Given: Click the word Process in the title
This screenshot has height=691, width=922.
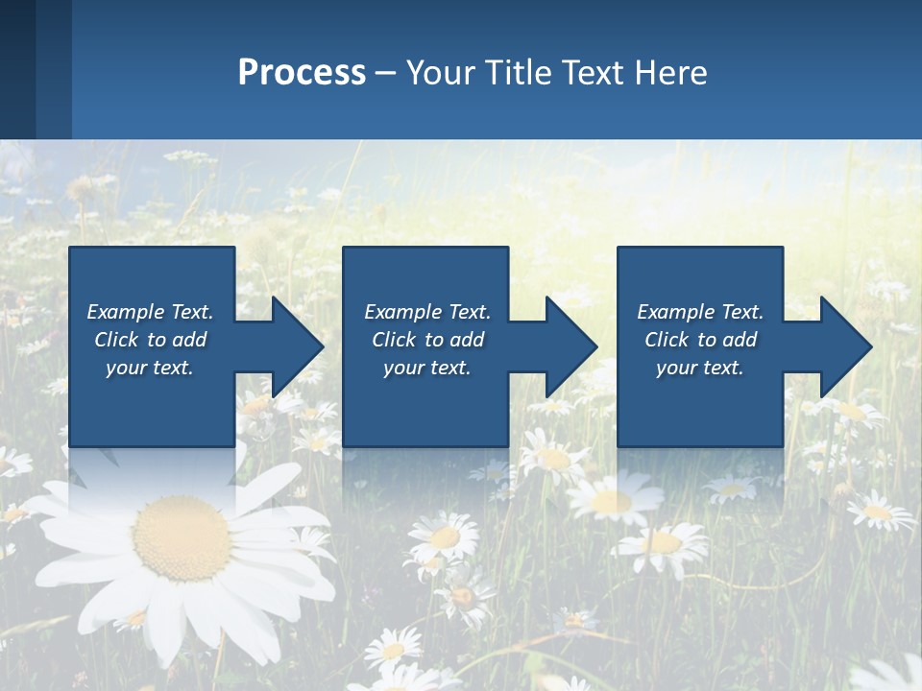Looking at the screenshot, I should tap(302, 73).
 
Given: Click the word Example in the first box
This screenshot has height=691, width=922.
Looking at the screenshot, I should tap(126, 312).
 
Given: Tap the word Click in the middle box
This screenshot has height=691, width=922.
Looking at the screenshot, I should tap(393, 340).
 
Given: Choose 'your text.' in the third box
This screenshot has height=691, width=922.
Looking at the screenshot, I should tap(699, 368).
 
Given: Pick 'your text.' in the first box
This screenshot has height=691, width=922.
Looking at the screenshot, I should tap(150, 368).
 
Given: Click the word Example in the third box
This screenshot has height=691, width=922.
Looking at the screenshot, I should tap(676, 312).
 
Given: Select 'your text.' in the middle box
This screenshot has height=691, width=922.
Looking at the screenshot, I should tap(426, 368).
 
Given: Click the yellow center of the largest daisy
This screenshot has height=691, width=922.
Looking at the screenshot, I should tap(182, 537).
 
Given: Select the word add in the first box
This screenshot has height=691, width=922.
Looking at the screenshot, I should tap(189, 340).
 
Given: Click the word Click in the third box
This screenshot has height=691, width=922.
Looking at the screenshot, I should tap(666, 340).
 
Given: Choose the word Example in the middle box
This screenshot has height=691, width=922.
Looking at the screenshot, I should tap(403, 312).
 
